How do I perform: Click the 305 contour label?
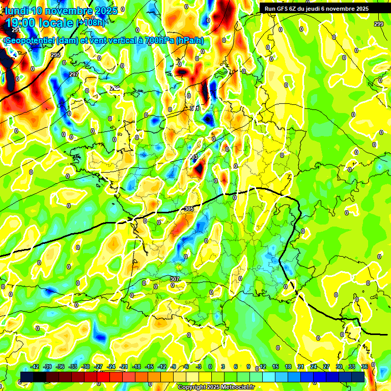pos(189,209)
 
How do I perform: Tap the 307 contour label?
pos(175,279)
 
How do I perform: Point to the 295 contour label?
pos(55,55)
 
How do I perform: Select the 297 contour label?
pos(74,74)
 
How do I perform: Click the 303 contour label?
pos(193,157)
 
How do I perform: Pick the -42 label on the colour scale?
pos(35,367)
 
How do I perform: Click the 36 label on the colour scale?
pos(365,367)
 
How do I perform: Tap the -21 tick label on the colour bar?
pos(124,367)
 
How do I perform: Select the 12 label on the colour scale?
pos(263,367)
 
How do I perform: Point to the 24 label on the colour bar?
pos(314,367)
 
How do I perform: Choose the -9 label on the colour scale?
pos(174,367)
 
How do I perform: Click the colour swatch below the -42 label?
pos(27,377)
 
